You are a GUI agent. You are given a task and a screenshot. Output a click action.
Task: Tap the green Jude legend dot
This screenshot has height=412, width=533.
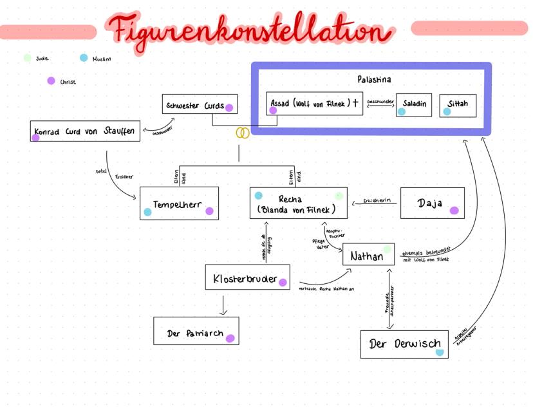click(27, 58)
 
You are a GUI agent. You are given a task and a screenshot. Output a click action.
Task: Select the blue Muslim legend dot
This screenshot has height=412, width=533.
click(84, 58)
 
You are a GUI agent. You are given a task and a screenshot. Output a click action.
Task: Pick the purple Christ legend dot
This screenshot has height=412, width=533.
click(51, 81)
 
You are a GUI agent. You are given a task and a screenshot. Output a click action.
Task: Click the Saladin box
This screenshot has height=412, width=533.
click(414, 105)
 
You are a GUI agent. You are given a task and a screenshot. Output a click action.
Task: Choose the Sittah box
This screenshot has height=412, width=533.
click(458, 105)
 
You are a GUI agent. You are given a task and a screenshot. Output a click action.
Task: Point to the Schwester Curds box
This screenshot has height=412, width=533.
click(198, 105)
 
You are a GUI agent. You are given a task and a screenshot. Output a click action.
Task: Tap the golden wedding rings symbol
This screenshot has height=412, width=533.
click(243, 133)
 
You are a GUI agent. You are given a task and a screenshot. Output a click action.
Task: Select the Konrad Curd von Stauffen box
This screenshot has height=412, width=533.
click(84, 131)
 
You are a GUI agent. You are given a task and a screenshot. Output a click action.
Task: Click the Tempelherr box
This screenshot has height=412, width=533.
click(180, 203)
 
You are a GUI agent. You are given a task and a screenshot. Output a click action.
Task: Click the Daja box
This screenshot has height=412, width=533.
click(432, 203)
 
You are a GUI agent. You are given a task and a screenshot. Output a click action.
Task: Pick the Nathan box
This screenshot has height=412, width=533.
click(368, 255)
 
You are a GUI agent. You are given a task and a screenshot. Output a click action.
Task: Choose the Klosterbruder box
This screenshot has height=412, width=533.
click(247, 277)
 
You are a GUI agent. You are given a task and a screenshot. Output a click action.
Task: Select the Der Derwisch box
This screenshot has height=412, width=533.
click(404, 344)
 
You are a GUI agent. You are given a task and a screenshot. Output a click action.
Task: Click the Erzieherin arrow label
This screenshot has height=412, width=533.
click(377, 201)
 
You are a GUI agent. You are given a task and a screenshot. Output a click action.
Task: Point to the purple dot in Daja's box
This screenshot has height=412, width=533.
click(454, 211)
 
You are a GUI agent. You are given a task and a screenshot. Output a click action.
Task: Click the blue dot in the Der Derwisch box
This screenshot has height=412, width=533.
click(440, 352)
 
